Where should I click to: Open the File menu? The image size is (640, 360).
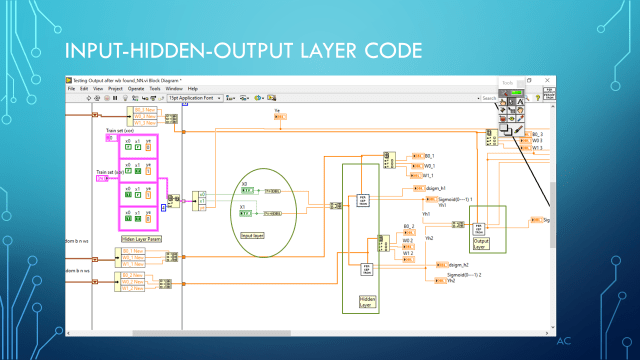point(71,89)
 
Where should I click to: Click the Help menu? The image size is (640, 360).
point(193,89)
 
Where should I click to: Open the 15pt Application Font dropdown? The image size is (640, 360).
point(192,98)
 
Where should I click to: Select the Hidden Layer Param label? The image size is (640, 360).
point(142,239)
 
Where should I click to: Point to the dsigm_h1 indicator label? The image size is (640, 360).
point(437,187)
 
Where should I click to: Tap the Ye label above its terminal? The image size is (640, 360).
point(277,111)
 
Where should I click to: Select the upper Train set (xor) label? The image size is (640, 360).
point(120,130)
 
